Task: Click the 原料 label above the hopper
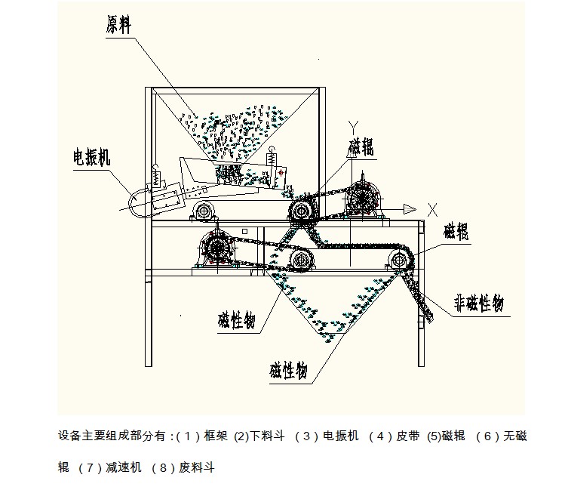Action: (x=118, y=25)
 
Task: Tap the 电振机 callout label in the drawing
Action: (x=91, y=157)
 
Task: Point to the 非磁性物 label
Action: (x=477, y=304)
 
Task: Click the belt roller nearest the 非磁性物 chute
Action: (x=398, y=261)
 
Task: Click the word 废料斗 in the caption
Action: (x=197, y=468)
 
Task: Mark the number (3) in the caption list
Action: (x=305, y=436)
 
